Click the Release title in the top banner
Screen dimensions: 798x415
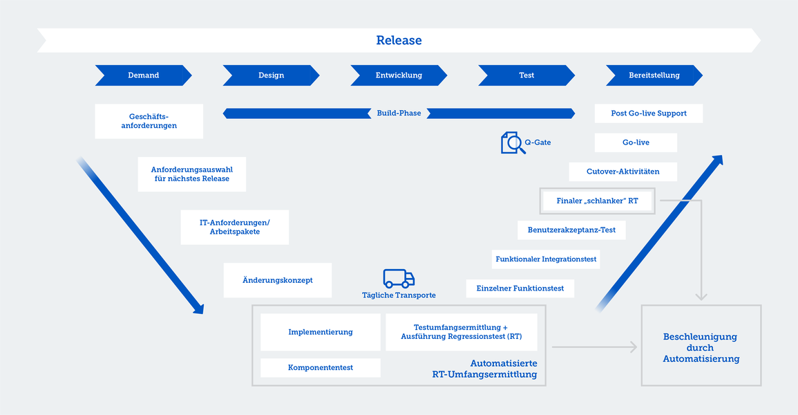pos(399,40)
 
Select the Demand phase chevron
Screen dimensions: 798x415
pos(144,75)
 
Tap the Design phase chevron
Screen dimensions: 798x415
pos(272,75)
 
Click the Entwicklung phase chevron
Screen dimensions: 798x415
pos(399,75)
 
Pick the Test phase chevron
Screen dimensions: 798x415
pos(526,75)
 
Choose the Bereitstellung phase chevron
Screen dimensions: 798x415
pos(654,75)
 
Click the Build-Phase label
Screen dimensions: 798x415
pos(399,113)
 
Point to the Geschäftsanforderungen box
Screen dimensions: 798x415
pos(149,121)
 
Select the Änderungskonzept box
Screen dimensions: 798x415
pos(278,280)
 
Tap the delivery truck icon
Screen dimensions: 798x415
pos(399,279)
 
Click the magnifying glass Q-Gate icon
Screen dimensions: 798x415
pos(513,142)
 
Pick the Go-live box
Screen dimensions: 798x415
pos(636,142)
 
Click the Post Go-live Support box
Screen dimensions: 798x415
pos(649,113)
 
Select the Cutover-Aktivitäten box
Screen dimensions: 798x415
pos(623,172)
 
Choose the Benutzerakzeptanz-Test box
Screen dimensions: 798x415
pos(571,230)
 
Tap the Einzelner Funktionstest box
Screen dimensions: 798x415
pos(520,288)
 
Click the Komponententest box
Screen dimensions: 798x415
pos(321,368)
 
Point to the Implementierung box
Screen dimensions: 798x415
pos(321,332)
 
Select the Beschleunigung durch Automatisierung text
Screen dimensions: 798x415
pos(701,348)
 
